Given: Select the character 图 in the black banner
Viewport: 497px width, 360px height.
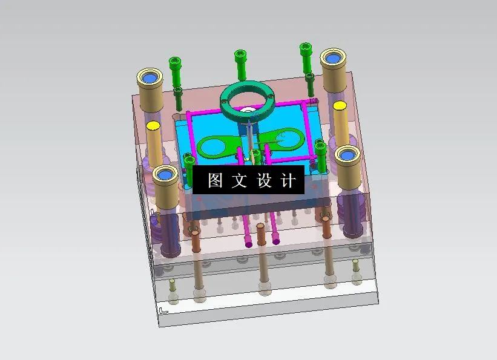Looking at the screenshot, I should (216, 180).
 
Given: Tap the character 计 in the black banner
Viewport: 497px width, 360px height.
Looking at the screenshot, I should (289, 180).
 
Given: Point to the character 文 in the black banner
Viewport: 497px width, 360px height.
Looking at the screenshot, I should (240, 180).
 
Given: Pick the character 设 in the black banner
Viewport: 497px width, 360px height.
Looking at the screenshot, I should (265, 180).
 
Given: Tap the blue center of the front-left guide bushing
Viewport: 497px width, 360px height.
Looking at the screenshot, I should (164, 175).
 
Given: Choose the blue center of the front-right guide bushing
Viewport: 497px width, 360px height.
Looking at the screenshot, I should (347, 156).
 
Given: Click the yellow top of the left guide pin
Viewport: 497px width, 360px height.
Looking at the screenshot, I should (153, 126).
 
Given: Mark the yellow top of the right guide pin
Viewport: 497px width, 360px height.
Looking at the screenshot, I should (340, 106).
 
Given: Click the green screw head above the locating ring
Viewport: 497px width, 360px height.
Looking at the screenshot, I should (240, 56).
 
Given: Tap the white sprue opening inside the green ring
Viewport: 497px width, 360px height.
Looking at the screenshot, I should (248, 111).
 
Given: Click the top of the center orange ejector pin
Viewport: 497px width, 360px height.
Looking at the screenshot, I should (261, 226).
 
